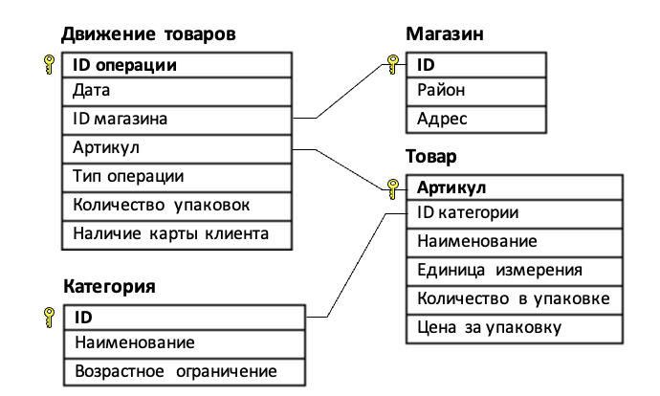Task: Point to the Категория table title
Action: (109, 285)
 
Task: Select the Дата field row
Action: (91, 92)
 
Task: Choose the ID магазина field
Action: (121, 120)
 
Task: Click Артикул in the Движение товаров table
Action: (106, 148)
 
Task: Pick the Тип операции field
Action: (128, 176)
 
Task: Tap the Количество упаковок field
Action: (161, 205)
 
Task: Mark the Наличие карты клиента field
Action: (170, 232)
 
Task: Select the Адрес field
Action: (440, 120)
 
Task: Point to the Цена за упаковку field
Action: (489, 326)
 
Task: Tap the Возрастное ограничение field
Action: (175, 371)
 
